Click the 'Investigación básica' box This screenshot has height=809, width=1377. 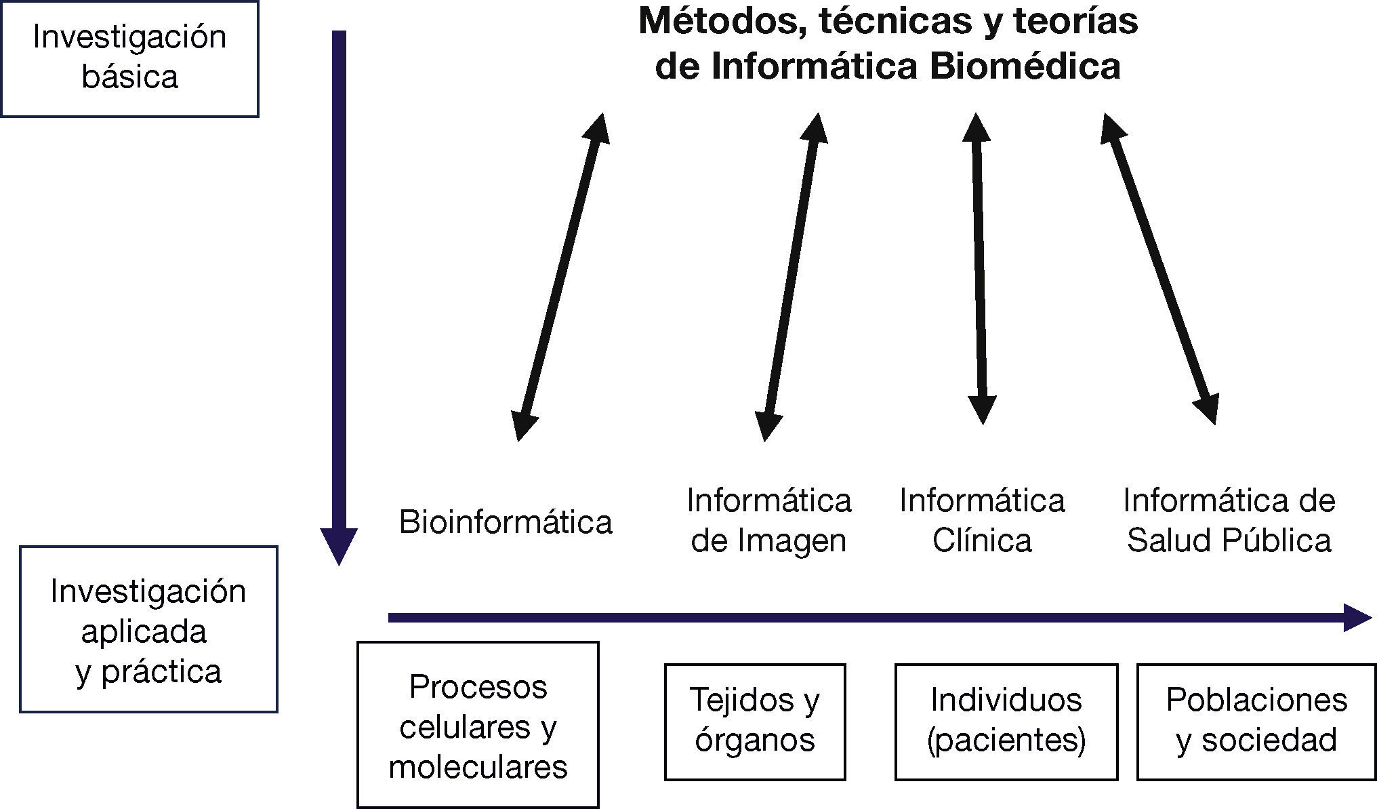click(x=129, y=58)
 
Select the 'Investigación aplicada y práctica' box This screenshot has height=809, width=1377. click(x=148, y=629)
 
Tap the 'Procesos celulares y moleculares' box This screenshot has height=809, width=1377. click(x=478, y=725)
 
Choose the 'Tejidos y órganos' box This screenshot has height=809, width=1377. click(x=755, y=722)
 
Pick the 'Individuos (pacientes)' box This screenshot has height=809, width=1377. click(x=1006, y=722)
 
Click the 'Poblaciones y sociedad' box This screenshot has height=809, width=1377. click(x=1256, y=722)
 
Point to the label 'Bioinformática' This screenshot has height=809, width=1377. click(x=506, y=522)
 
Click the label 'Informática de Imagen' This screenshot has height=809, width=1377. click(x=768, y=521)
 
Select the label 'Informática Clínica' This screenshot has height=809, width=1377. click(x=982, y=521)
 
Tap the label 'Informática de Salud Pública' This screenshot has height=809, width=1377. click(x=1229, y=521)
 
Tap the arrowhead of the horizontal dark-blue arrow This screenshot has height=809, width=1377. click(x=1355, y=617)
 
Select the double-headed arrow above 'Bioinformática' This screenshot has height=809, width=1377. click(x=560, y=277)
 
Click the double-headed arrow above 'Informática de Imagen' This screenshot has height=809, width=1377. click(x=792, y=277)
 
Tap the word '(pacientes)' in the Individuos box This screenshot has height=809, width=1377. click(x=1006, y=740)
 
